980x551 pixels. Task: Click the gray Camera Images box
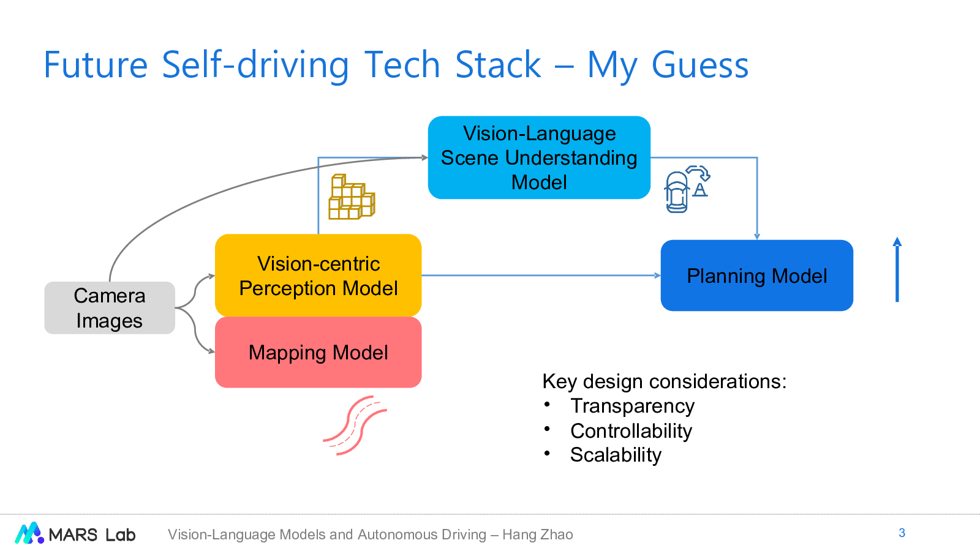(x=110, y=308)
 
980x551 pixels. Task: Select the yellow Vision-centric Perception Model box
(x=318, y=275)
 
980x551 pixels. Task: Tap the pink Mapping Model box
(x=318, y=353)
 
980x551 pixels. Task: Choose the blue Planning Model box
(x=756, y=275)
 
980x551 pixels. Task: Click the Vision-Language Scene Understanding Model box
(x=539, y=158)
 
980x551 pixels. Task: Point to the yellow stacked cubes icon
(x=351, y=197)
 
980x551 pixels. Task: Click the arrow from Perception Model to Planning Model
(x=539, y=275)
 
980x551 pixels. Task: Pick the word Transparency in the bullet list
(x=632, y=406)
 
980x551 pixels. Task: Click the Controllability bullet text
(x=631, y=431)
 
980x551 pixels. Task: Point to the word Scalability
(x=616, y=455)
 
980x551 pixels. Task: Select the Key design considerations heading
(x=664, y=381)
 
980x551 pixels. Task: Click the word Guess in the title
(x=699, y=65)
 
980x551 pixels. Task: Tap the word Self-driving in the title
(x=255, y=65)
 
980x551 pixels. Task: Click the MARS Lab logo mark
(x=29, y=533)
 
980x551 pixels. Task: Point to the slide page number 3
(x=902, y=533)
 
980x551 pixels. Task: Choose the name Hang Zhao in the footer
(x=538, y=534)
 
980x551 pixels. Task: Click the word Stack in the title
(x=498, y=65)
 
